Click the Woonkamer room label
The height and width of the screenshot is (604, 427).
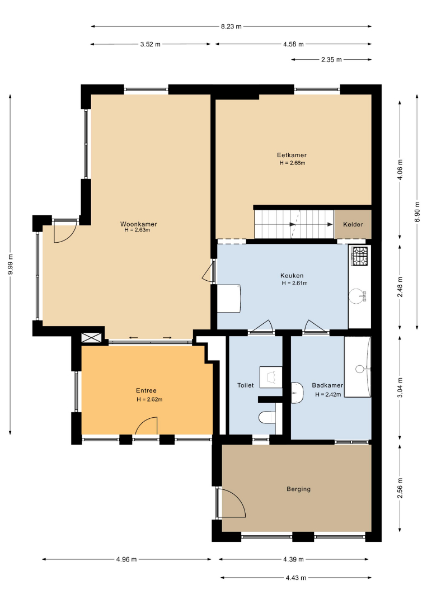coord(138,224)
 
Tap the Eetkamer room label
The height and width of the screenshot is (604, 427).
coord(292,155)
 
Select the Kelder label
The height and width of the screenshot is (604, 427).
coord(353,224)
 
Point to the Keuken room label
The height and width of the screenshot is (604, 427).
coord(292,276)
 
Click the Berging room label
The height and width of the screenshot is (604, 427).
coord(298,489)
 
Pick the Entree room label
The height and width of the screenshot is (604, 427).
coord(146,390)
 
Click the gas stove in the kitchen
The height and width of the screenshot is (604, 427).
coord(359,256)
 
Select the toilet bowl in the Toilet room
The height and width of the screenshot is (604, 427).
coord(266,417)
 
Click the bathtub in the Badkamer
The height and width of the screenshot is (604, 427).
coord(357,367)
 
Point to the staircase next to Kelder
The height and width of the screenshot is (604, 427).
coord(294,224)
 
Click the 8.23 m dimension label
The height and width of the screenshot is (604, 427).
coord(231,27)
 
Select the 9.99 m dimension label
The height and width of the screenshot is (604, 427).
coord(11,265)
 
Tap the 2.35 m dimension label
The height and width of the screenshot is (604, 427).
coord(331,60)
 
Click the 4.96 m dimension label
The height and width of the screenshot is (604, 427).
coord(126,559)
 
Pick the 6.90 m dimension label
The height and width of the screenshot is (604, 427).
coord(417,212)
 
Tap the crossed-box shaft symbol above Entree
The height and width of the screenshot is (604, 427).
coord(92,338)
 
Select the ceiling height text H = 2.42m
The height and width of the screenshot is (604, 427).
coord(328,394)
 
